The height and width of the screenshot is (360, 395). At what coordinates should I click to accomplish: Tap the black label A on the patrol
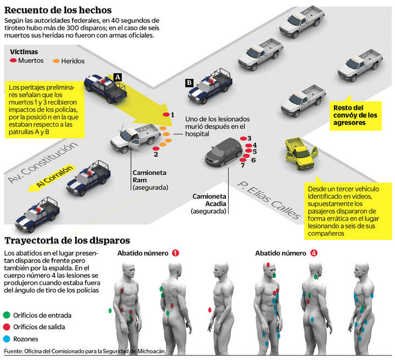(x=117, y=77)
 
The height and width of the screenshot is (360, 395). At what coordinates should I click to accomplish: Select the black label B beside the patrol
(x=189, y=83)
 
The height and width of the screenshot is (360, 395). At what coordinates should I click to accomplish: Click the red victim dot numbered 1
(x=166, y=115)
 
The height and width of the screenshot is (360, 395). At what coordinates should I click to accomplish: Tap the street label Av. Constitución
(x=41, y=163)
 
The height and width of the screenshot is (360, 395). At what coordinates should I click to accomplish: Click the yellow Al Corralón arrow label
(x=55, y=178)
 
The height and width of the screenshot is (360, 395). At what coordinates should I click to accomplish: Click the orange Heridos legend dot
(x=57, y=61)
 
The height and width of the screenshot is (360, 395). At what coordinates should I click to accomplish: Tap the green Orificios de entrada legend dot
(x=7, y=315)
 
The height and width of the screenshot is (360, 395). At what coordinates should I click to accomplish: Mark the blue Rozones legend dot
(x=7, y=339)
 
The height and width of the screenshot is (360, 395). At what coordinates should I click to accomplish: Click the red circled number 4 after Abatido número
(x=313, y=253)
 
